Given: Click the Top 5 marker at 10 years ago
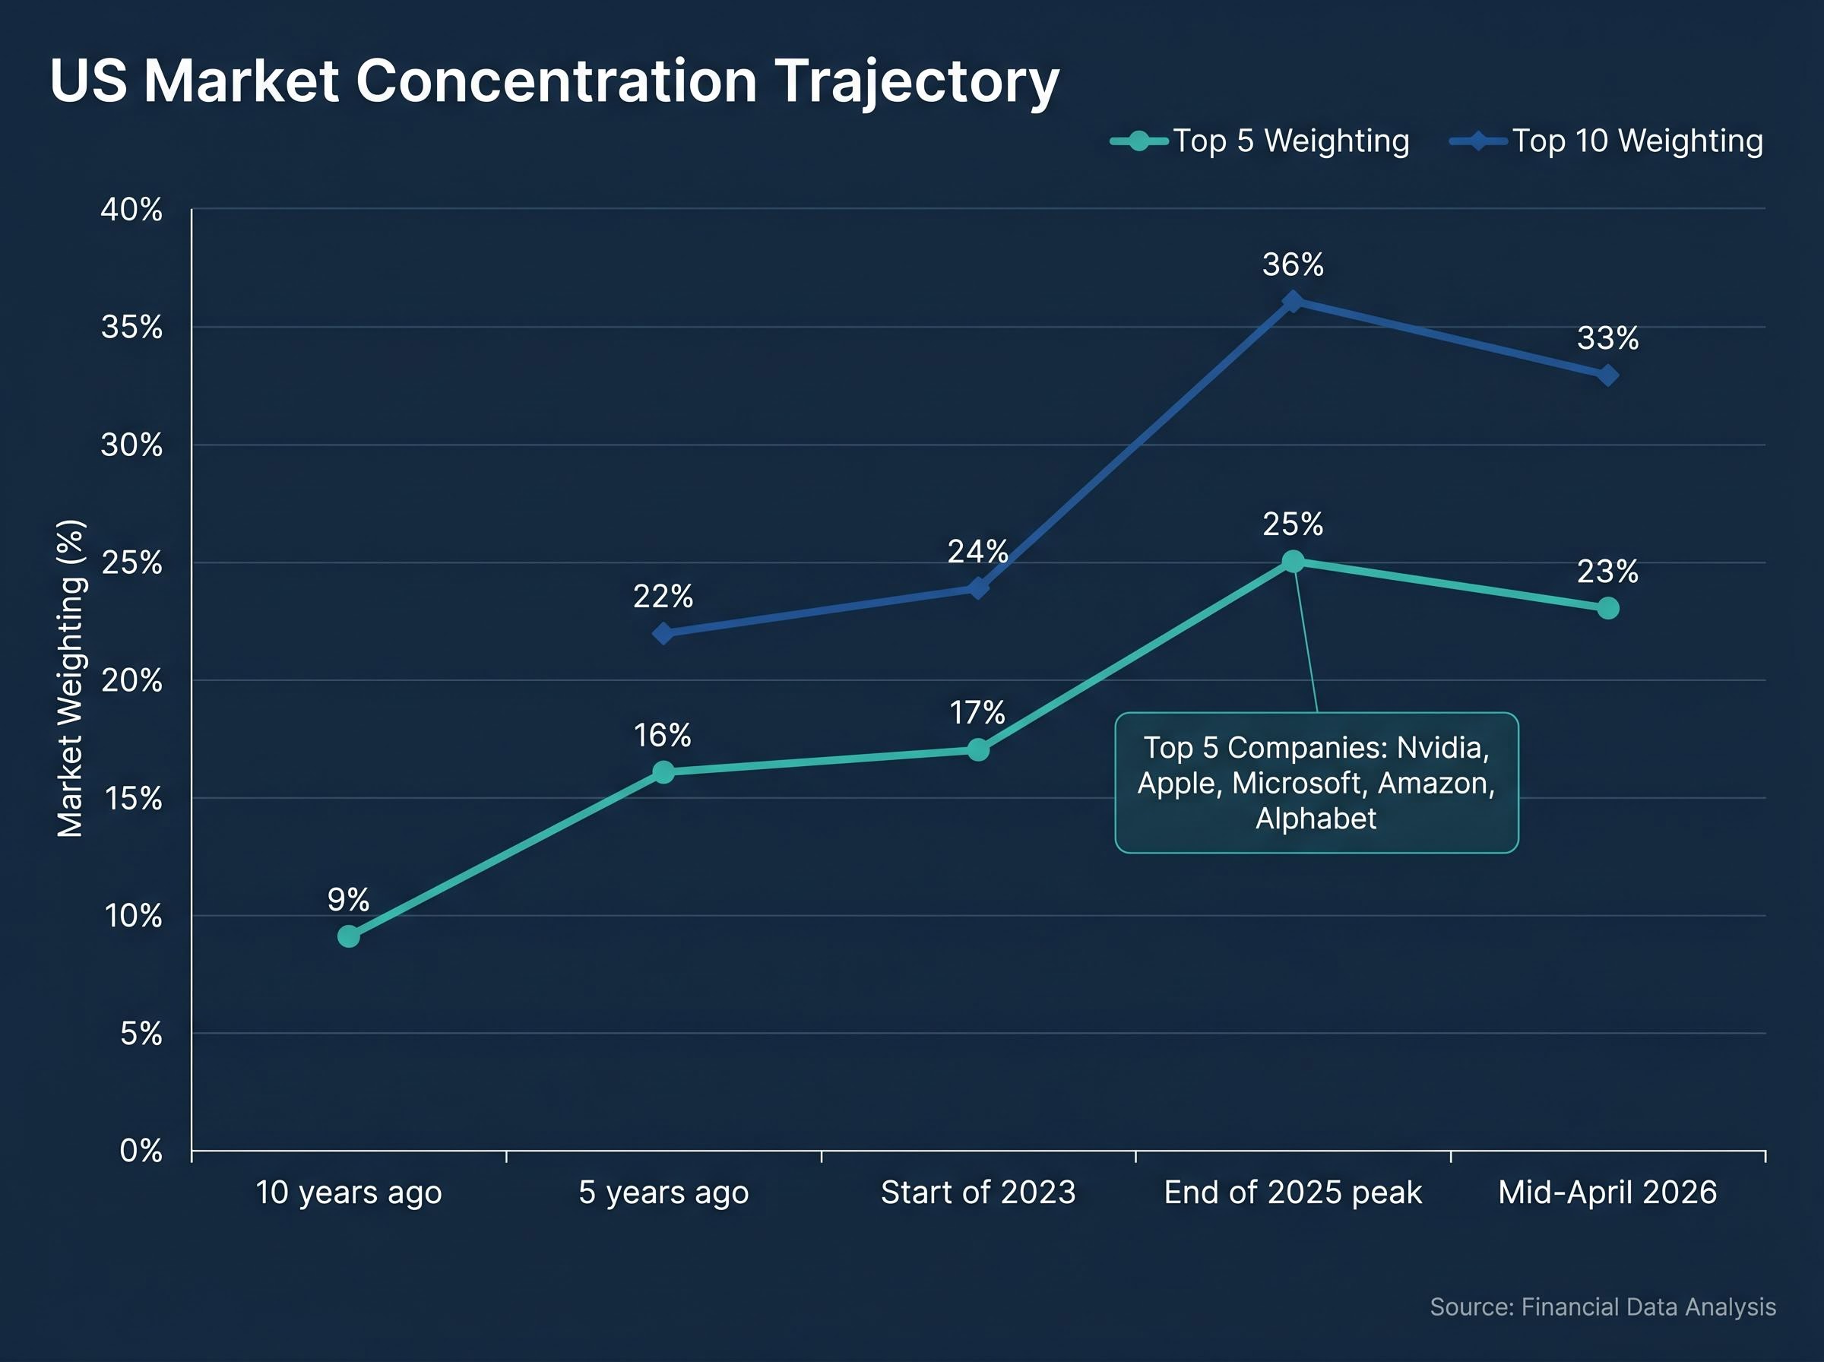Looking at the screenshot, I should coord(349,936).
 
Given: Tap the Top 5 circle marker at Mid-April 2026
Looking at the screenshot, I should coord(1607,609).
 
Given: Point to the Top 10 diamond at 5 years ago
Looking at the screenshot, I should coord(663,633).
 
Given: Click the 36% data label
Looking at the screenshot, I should coord(1292,264).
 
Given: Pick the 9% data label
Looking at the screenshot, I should coord(348,899).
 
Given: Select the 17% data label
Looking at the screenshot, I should coord(977,712).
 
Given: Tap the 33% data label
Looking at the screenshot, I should coord(1607,338).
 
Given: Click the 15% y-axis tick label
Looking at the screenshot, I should coord(133,798).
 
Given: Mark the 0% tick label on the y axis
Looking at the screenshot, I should coord(141,1151).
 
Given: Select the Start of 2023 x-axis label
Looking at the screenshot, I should coord(977,1193).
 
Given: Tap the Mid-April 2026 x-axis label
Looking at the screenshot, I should coord(1607,1193).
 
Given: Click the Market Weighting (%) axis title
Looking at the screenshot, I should coord(70,679).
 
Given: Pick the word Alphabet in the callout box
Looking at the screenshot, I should coord(1316,819).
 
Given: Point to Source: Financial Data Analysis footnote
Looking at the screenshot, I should coord(1602,1307).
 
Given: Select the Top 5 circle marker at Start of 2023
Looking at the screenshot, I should coord(977,749).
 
